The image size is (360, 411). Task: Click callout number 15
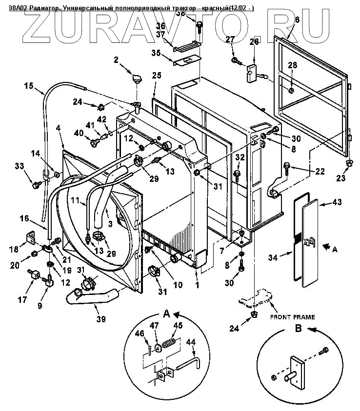pos(28,86)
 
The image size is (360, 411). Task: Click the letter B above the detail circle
pos(299,328)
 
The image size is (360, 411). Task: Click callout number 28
pos(292,65)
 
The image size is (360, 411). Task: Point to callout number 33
pos(19,167)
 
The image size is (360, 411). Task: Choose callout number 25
pos(156,75)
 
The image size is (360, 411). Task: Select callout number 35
pos(156,52)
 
